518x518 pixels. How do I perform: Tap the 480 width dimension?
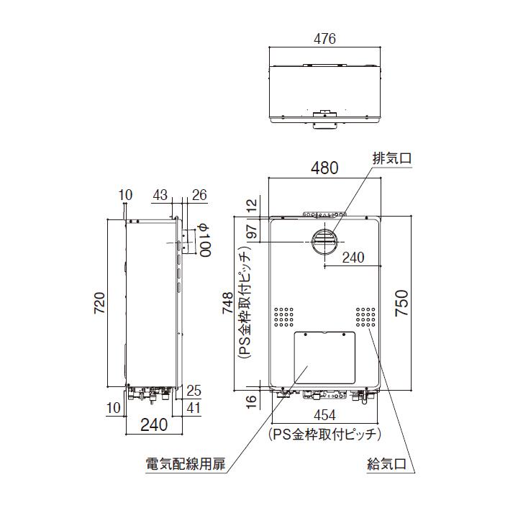[324, 169]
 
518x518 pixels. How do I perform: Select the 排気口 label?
[391, 157]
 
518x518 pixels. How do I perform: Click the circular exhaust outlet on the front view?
[324, 242]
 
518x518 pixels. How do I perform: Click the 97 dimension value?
[251, 234]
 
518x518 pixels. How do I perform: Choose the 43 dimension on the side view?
[160, 195]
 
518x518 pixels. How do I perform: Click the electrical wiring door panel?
[326, 358]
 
